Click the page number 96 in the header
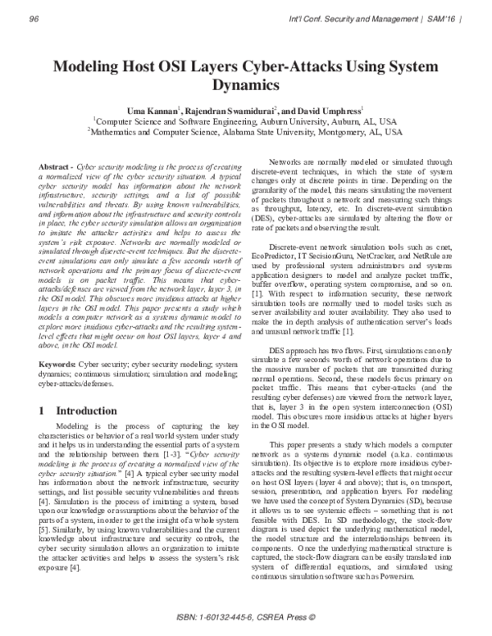click(x=34, y=17)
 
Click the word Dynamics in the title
click(x=246, y=84)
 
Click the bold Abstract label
click(x=56, y=166)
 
